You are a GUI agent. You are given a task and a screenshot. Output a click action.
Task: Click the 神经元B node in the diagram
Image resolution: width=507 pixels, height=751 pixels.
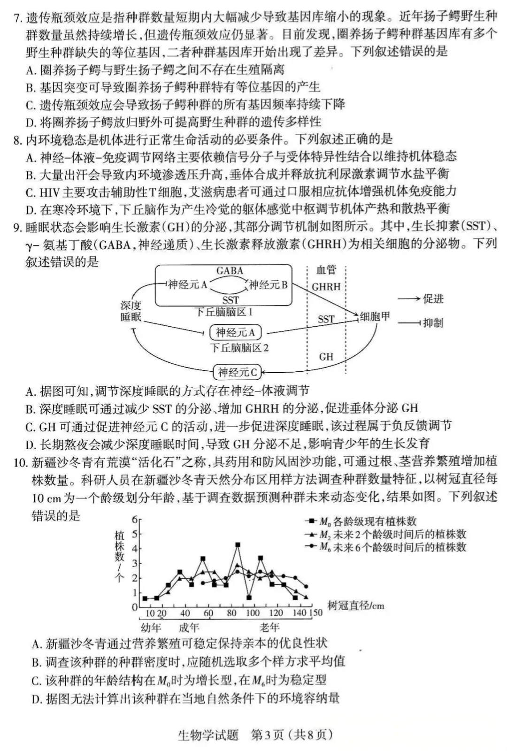268,285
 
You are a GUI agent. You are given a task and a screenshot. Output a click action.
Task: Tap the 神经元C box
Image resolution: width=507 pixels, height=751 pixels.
238,373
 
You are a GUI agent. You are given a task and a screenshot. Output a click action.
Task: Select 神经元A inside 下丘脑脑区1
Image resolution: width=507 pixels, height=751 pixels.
188,285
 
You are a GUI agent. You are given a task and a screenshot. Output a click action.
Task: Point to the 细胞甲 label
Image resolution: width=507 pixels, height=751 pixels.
375,317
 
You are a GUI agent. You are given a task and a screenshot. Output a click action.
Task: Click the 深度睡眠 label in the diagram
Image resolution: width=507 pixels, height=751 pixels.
131,311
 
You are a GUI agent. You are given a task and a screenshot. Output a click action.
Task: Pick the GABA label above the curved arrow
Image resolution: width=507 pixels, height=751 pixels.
230,271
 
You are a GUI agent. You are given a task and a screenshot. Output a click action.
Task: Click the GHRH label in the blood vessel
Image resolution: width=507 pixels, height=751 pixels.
326,287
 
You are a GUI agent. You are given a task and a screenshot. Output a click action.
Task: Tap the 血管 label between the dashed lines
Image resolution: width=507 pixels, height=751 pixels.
326,270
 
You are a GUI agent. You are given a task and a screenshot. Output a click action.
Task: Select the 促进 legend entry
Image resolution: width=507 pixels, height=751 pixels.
433,299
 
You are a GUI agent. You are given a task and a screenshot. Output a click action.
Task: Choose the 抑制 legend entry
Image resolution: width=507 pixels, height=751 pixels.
433,323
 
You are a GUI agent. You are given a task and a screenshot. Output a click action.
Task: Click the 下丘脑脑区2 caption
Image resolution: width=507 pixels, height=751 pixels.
239,348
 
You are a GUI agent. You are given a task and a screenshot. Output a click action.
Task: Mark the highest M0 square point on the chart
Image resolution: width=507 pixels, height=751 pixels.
238,545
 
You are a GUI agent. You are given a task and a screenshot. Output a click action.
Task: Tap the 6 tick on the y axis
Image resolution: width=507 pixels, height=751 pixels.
135,520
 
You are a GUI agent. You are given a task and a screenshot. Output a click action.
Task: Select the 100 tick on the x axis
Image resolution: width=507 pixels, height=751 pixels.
253,613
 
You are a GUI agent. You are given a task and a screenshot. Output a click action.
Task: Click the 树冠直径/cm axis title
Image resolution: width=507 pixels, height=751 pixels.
356,605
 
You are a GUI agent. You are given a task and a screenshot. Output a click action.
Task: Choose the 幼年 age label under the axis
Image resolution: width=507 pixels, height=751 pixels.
151,628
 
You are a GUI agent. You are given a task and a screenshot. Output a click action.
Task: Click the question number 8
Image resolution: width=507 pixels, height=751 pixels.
18,139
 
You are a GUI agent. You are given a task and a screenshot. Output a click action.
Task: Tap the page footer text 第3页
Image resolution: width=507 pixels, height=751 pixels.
268,735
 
